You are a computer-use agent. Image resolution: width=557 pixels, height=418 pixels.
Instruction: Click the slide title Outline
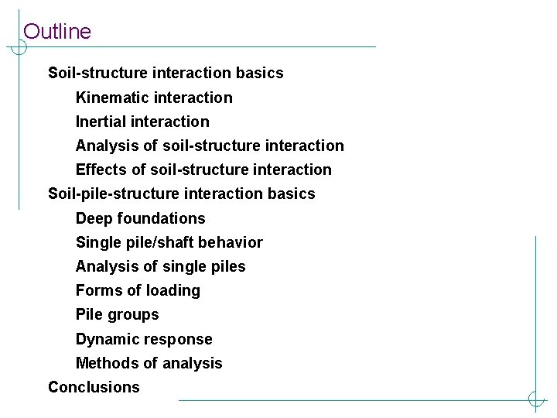coord(57,32)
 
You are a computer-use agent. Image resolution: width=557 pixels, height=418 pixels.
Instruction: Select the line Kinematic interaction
coord(154,98)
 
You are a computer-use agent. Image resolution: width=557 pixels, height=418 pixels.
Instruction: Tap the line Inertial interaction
coord(142,122)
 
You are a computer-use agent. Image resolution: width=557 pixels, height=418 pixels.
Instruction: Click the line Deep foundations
coord(140,218)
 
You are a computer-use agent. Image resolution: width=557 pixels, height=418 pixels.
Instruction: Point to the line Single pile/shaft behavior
coord(169,242)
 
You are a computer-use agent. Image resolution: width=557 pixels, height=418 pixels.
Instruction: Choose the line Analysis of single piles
coord(160,266)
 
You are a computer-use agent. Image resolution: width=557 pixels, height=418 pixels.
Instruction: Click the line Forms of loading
coord(138,290)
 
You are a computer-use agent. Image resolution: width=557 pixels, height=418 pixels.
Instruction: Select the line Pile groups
coord(117,314)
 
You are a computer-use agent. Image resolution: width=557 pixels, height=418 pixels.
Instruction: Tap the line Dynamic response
coord(144,339)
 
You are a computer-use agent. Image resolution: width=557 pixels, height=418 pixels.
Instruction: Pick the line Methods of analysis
coord(149,363)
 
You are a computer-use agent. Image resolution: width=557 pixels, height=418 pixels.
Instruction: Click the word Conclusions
coord(94,387)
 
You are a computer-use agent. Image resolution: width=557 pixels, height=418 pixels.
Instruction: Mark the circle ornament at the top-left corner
coord(18,47)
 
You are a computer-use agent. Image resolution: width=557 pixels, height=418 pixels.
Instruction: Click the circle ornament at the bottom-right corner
coord(535,400)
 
